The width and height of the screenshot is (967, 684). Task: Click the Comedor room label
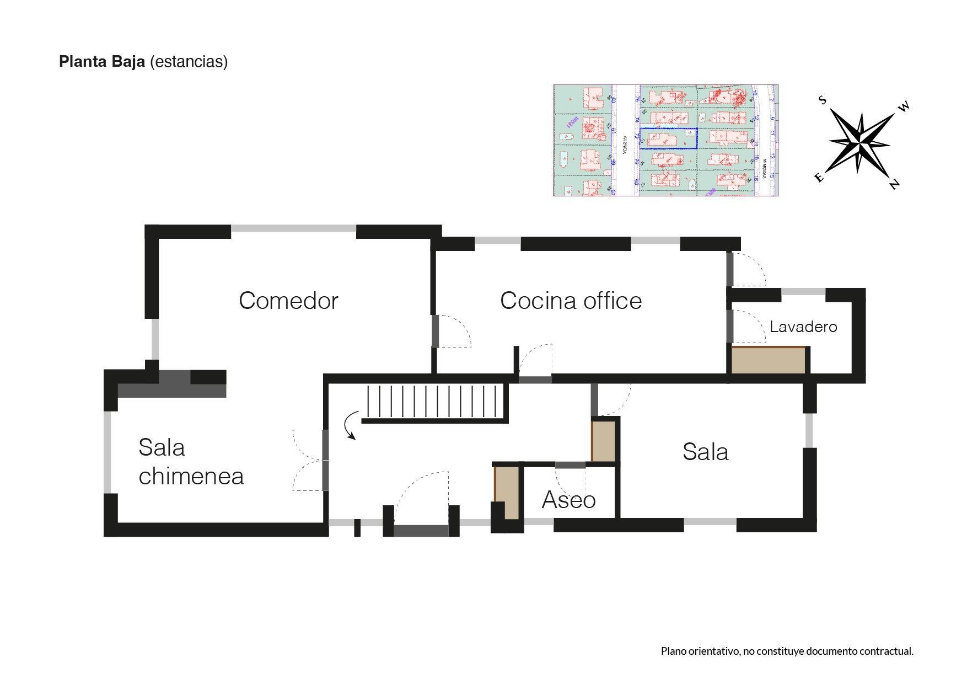click(x=288, y=301)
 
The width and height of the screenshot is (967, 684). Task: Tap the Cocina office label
click(x=571, y=301)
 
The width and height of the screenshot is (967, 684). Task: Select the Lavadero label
click(x=803, y=327)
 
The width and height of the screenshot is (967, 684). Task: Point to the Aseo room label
click(x=568, y=500)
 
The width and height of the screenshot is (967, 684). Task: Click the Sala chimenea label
click(x=191, y=462)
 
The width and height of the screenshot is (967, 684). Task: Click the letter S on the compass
click(x=822, y=100)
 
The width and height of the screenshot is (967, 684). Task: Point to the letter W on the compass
click(x=904, y=106)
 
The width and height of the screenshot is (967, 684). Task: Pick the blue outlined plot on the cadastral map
click(x=668, y=138)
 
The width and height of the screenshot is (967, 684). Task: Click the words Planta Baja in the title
click(x=102, y=61)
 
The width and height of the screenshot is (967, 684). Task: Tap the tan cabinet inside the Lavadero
click(x=769, y=360)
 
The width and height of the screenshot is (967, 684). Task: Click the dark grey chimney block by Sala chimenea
click(x=172, y=384)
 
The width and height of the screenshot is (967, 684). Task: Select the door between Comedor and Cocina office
click(x=435, y=331)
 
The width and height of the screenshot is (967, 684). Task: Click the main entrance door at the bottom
click(x=421, y=531)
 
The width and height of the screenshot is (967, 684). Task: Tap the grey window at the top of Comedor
click(x=293, y=228)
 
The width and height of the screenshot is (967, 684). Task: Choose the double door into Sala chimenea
click(x=325, y=461)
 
